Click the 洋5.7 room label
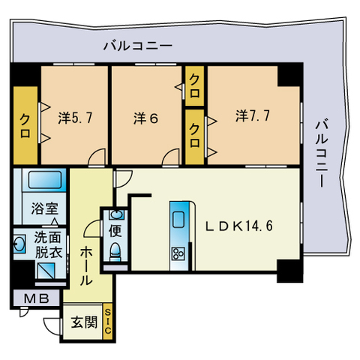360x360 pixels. [74, 117]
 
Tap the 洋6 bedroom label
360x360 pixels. [146, 118]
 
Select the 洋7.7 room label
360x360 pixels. [252, 116]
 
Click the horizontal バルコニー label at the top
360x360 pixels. [138, 46]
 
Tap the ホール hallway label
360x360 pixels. [85, 265]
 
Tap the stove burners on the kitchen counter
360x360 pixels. [179, 252]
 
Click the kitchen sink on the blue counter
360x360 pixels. [179, 220]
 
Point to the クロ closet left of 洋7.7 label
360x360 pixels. [195, 136]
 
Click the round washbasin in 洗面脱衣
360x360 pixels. [18, 244]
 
